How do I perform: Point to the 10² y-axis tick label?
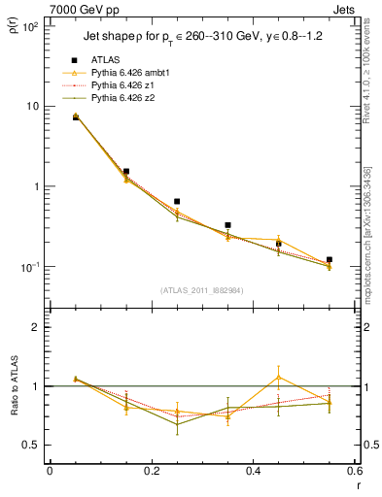coord(32,27)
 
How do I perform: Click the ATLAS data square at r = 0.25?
coord(177,202)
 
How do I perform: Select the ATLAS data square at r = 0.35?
coord(227,225)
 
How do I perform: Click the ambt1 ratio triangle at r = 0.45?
coord(278,377)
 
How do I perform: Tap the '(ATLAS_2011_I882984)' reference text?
coord(202,289)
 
